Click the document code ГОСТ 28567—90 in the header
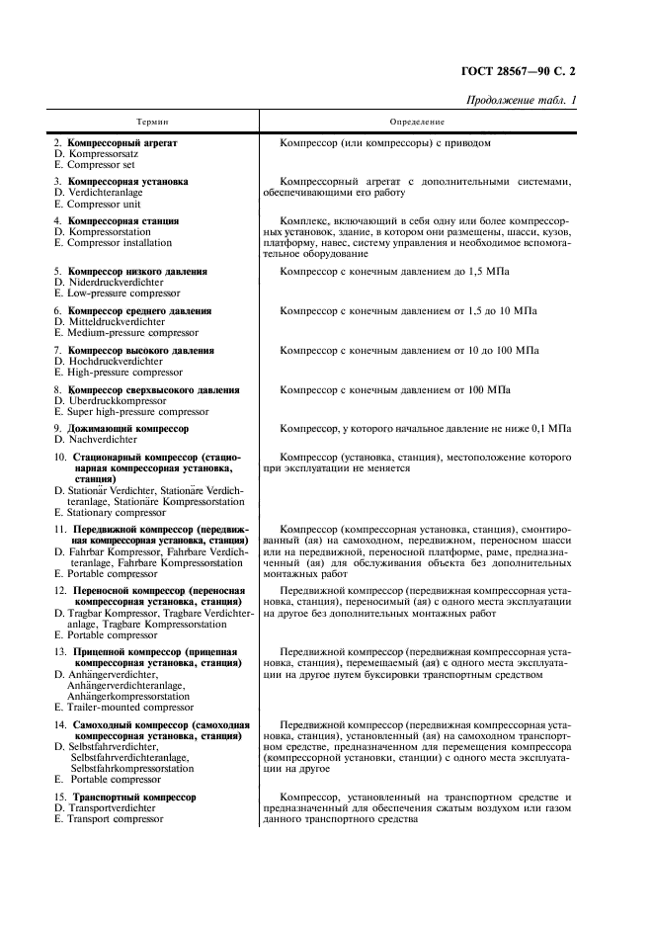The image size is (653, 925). pos(505,71)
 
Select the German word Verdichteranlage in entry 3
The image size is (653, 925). pos(111,193)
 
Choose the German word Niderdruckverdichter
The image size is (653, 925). pos(116,282)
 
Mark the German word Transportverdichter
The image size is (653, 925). pos(110,807)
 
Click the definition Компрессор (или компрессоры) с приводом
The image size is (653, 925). pos(385,143)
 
